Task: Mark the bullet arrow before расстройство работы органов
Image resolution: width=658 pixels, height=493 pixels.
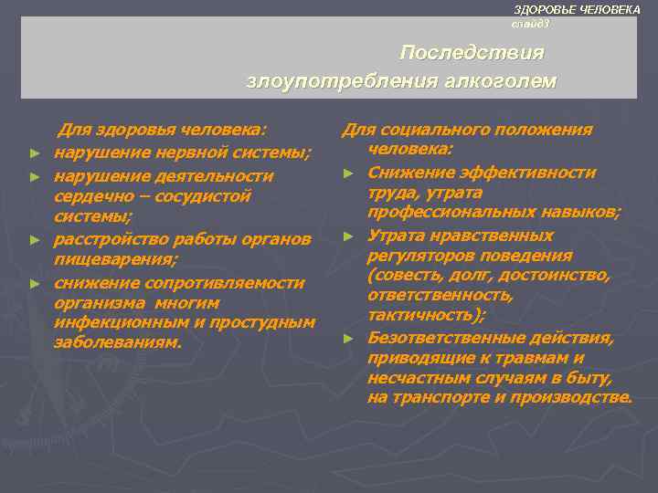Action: (x=34, y=240)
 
